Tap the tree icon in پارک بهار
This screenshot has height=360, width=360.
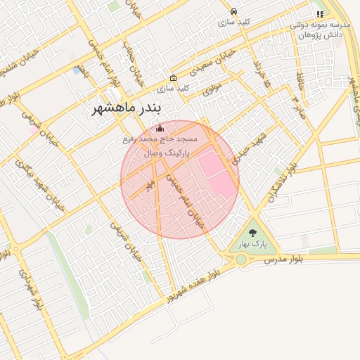(x=253, y=233)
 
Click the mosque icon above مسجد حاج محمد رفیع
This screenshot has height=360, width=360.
(x=160, y=128)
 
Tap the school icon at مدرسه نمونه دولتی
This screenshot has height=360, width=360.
(x=320, y=13)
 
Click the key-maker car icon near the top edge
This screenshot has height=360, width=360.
(x=234, y=12)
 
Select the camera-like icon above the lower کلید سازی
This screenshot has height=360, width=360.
(x=174, y=77)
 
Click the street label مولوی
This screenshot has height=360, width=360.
(x=212, y=90)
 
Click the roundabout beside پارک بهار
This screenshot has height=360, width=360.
(x=241, y=259)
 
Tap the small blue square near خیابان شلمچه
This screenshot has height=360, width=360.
(x=76, y=70)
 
